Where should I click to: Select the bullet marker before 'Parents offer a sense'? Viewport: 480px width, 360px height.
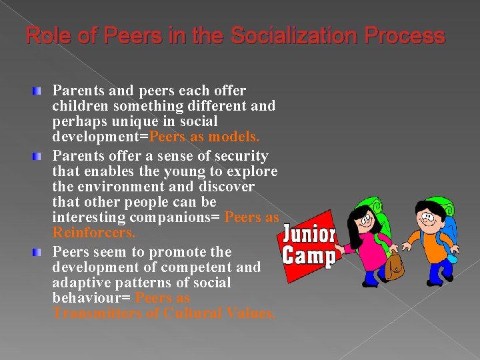point(41,156)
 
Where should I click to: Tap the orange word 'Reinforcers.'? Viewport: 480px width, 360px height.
point(93,233)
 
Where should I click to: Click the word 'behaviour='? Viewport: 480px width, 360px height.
point(91,298)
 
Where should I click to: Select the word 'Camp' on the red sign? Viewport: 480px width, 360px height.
point(308,255)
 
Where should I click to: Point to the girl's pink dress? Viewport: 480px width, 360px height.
point(363,247)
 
